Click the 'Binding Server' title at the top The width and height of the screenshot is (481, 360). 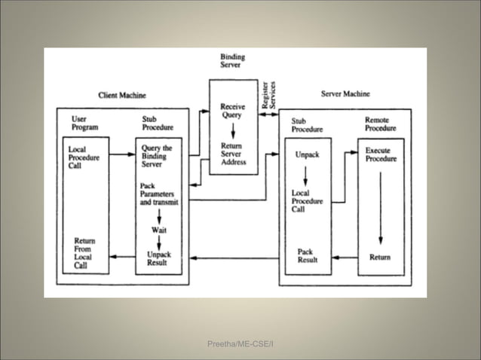point(232,61)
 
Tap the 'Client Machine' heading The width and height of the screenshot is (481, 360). point(122,95)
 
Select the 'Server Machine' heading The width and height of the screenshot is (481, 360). point(345,94)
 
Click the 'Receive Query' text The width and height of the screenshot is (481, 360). point(232,111)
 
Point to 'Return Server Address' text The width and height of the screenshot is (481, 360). point(233,154)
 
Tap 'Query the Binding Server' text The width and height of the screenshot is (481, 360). point(157,156)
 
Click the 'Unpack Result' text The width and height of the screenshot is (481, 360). point(158,259)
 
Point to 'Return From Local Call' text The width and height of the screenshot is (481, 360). point(84,253)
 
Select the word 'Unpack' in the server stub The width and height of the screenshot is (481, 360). point(307,155)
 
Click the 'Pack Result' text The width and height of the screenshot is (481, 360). point(306,255)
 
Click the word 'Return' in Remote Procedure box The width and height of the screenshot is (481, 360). point(380,258)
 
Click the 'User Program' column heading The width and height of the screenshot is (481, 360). point(85,124)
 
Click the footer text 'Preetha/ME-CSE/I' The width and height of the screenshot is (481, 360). point(240,343)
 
